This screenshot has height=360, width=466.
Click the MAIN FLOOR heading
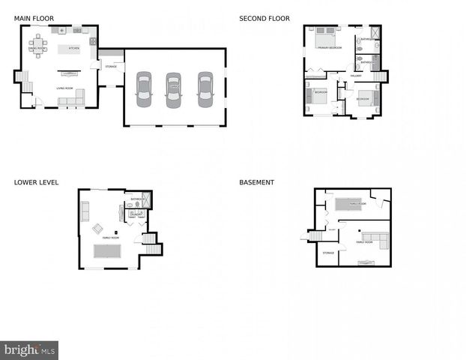click(x=34, y=19)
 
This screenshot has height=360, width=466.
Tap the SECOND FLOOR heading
click(x=264, y=19)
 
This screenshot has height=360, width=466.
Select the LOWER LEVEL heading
click(x=36, y=182)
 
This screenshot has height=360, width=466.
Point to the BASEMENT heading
click(x=256, y=182)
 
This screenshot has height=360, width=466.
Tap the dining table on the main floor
click(x=37, y=46)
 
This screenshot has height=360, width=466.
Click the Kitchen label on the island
click(x=74, y=49)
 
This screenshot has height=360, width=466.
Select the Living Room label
click(x=64, y=88)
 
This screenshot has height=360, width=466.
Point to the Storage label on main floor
click(x=111, y=67)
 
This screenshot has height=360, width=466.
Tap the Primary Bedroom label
click(x=329, y=48)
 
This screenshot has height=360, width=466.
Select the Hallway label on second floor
click(x=356, y=76)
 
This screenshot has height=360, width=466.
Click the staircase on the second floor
click(x=380, y=76)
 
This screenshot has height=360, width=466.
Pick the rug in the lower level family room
click(x=107, y=250)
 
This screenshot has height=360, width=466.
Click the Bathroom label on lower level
click(x=138, y=199)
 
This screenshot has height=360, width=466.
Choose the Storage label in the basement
click(x=328, y=253)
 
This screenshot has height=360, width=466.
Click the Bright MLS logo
click(x=29, y=349)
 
